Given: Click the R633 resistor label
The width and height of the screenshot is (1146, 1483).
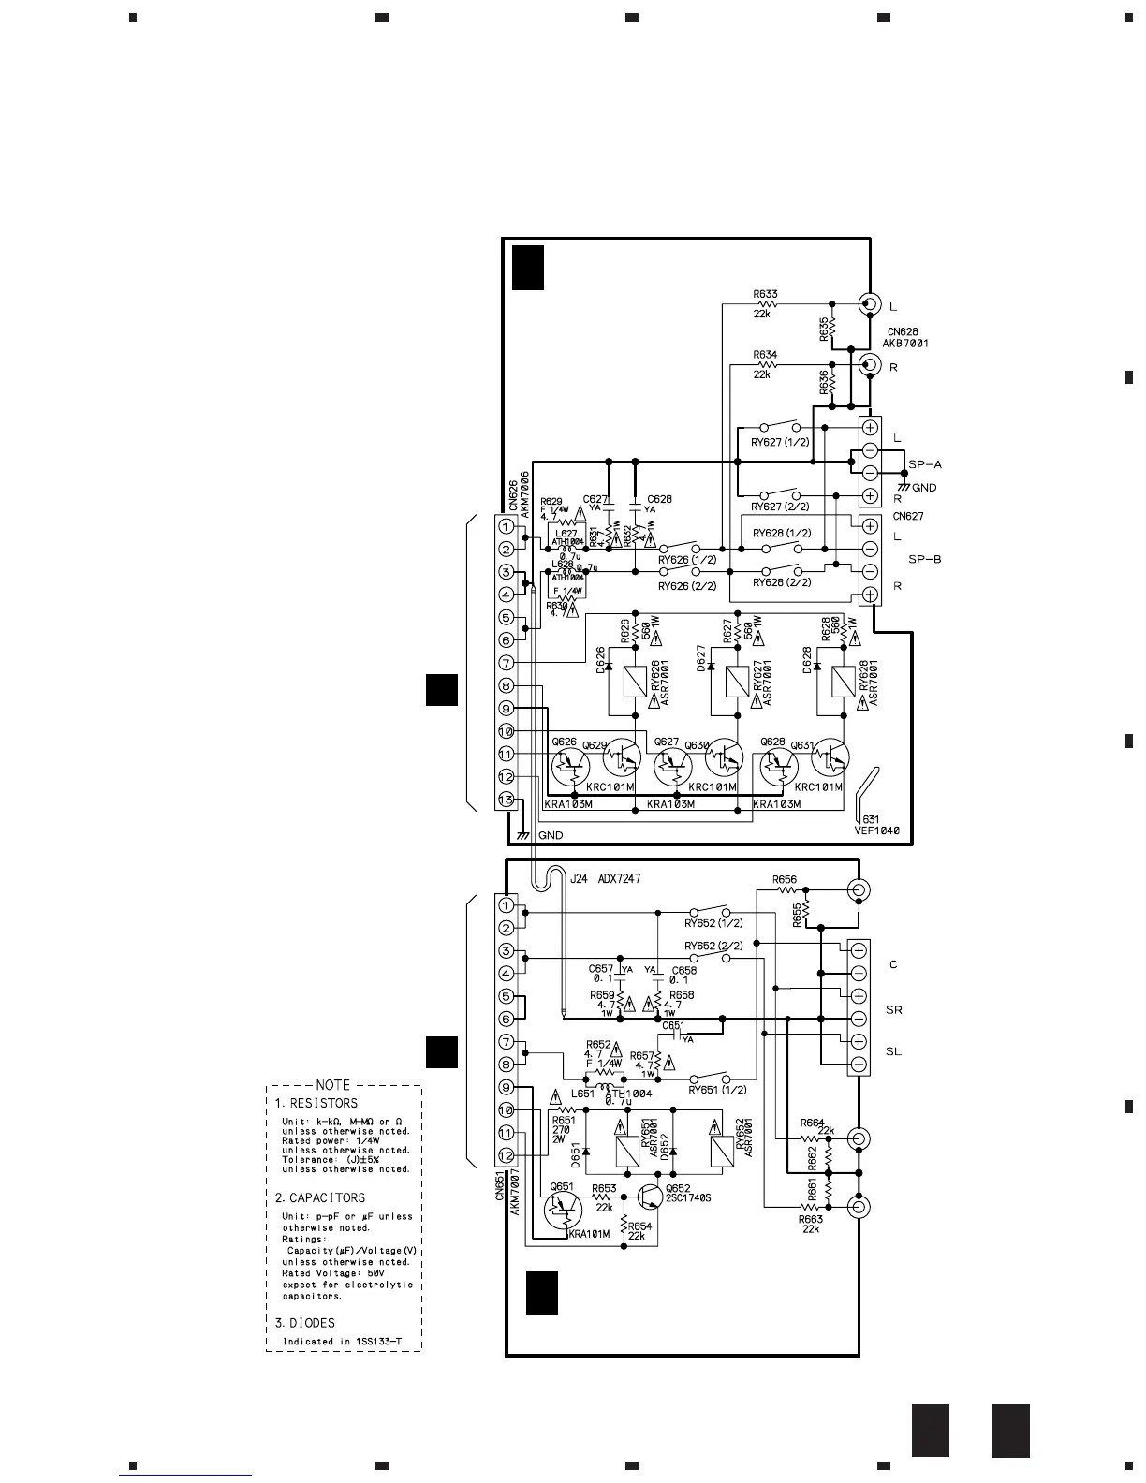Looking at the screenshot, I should point(765,294).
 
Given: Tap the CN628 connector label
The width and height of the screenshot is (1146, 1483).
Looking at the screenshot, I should point(904,331).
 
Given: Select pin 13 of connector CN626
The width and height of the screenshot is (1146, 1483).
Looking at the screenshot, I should point(506,800).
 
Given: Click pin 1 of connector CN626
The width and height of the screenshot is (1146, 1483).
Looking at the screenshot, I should point(506,527).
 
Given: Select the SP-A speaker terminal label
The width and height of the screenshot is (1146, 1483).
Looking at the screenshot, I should point(924,464).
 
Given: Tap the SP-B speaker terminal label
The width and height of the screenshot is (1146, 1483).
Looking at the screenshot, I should point(924,560).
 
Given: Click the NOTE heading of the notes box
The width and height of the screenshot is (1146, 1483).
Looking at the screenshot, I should point(332,1085).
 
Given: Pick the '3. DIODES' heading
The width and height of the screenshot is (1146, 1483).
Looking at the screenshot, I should point(305,1323).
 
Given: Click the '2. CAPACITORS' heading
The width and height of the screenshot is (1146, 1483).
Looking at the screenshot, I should point(320,1197).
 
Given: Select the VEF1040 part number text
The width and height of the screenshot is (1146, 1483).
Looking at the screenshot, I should point(875,830).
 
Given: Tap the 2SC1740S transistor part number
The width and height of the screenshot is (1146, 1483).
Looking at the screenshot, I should point(688,1199).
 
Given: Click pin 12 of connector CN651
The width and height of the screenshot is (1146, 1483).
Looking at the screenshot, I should point(506,1155).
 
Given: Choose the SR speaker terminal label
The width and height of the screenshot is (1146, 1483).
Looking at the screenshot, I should point(893,1010).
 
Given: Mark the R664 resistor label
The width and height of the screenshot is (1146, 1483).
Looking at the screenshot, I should point(812,1123).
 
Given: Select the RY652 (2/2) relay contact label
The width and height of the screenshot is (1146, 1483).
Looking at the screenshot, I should point(713,946).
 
